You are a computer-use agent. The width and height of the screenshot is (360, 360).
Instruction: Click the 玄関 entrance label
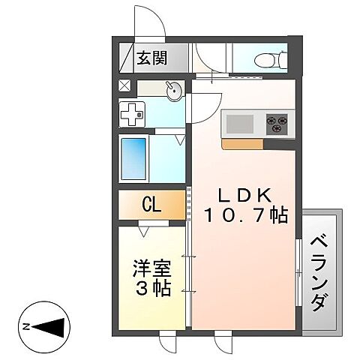coord(151,58)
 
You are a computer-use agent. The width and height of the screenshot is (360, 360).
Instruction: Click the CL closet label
coord(151,205)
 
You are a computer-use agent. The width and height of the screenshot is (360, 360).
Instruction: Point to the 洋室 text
coord(150,267)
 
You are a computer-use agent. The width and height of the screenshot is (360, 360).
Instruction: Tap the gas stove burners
coord(276,123)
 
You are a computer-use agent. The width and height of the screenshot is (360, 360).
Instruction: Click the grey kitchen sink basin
coord(240,123)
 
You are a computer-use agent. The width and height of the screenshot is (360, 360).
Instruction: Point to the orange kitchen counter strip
coord(241,145)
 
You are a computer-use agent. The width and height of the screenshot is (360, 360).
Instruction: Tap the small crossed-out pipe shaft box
coord(124,85)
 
